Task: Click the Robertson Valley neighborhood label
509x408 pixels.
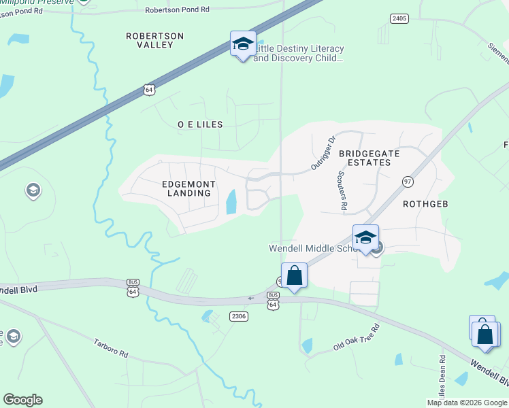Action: coord(155,39)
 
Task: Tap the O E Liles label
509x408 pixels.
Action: coord(200,125)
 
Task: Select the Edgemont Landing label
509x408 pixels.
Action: coord(189,188)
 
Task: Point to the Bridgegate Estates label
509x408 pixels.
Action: coord(369,158)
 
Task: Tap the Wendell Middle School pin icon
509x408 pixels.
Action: coord(365,238)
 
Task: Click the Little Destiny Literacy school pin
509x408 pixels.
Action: coord(243,44)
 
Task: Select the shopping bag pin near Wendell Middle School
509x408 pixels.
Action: coord(294,276)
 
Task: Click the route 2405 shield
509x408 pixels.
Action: coord(399,18)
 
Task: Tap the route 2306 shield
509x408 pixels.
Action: coord(239,316)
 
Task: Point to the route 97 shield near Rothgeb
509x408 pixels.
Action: coord(408,182)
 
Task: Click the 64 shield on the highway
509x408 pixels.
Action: coord(149,89)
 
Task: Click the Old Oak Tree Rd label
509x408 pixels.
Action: coord(356,337)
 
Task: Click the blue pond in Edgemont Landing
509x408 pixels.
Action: coord(231,201)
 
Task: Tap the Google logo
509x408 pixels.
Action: coord(22,400)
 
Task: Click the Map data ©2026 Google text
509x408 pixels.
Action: coord(467,402)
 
